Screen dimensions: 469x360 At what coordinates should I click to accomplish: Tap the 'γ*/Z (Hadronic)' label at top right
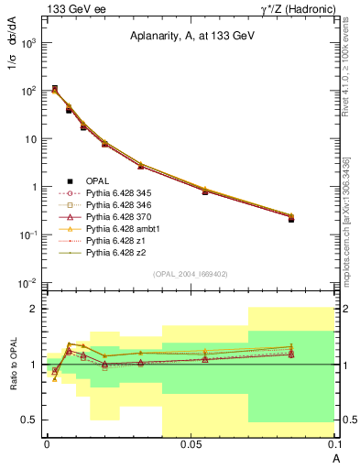pos(291,8)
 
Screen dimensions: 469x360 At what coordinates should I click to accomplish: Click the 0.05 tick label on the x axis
pos(191,443)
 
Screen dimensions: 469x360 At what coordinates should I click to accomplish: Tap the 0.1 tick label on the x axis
pos(333,443)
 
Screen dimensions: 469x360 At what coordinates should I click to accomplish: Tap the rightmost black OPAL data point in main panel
pos(291,220)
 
